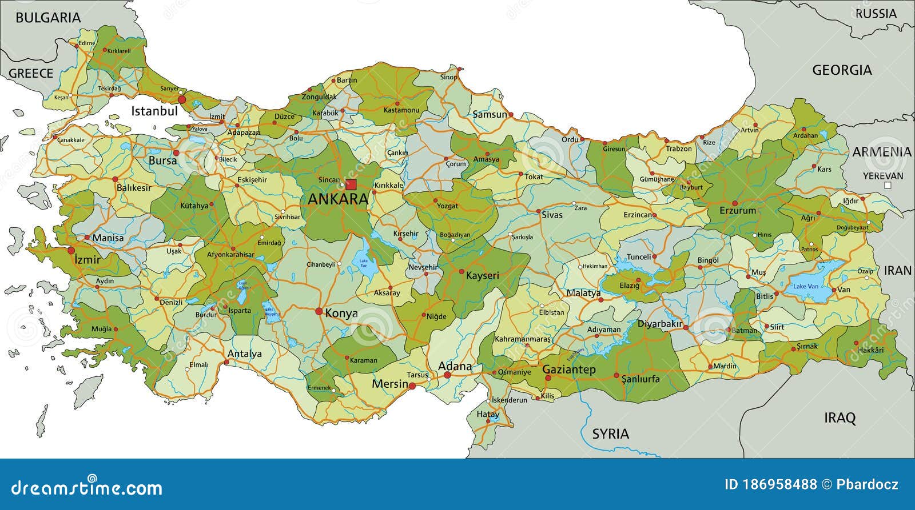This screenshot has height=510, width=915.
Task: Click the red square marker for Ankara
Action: [351, 184]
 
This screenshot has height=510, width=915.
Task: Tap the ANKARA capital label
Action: [338, 199]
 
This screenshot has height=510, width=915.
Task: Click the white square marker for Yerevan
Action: [888, 186]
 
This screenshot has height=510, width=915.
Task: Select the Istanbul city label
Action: [154, 111]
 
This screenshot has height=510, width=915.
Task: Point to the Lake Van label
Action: [805, 286]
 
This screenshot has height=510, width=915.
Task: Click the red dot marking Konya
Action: [319, 311]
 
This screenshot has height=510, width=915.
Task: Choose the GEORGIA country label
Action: [842, 70]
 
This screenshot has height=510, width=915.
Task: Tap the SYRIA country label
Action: [610, 434]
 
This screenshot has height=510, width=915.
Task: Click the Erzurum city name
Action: [738, 211]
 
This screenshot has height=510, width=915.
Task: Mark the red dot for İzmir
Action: [71, 250]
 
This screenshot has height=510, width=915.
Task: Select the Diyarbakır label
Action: [660, 324]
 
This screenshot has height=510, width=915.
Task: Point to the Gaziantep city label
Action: [568, 370]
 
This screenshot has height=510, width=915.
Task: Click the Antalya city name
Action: [245, 354]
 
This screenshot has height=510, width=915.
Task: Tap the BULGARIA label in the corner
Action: [48, 18]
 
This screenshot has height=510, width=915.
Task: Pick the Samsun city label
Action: [490, 114]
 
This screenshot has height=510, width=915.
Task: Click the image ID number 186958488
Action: [779, 485]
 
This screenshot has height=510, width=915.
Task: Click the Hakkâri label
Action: [872, 350]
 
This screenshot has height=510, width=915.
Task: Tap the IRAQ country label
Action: [840, 417]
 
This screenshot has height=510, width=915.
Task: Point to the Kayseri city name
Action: [482, 275]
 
